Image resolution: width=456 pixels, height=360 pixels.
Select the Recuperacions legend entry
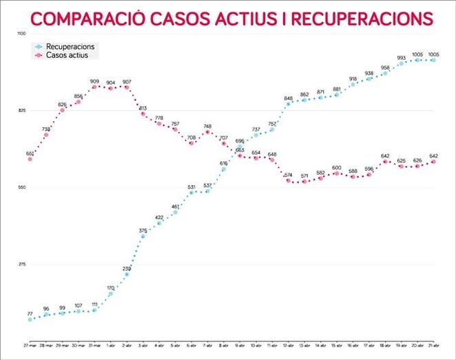[74, 47]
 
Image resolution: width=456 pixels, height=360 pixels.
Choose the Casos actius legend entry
[72, 55]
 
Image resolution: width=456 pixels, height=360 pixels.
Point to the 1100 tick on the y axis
[22, 34]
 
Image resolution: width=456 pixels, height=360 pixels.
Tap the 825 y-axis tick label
[22, 111]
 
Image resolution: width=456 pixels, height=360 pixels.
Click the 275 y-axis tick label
[22, 264]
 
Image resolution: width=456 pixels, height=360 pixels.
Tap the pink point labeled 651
[30, 159]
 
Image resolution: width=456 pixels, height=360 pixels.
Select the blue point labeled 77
[30, 319]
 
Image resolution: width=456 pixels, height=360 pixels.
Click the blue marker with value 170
[111, 293]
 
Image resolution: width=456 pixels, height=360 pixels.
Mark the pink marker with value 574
[289, 180]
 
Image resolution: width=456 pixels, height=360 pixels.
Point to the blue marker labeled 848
[289, 104]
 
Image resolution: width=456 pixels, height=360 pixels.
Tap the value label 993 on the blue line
[401, 58]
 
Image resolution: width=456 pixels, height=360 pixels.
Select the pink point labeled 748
[207, 132]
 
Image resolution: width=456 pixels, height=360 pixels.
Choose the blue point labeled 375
[143, 236]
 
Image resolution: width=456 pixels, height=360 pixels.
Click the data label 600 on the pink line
[337, 168]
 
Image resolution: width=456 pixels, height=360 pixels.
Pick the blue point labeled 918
[353, 85]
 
